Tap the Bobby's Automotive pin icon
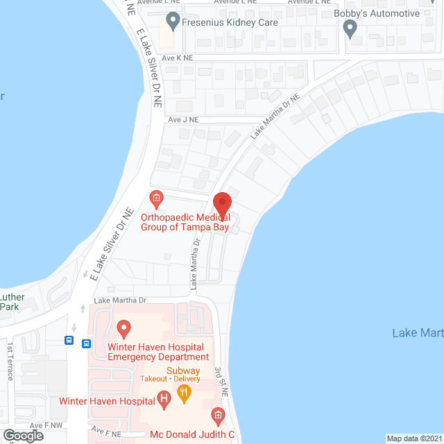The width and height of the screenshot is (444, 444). (350, 28)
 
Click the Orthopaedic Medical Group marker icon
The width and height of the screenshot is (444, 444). (157, 200)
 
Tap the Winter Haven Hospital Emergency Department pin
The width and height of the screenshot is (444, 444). (124, 326)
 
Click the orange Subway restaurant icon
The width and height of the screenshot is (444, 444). (184, 393)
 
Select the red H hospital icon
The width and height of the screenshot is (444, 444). (164, 399)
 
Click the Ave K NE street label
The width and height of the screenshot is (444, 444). (177, 58)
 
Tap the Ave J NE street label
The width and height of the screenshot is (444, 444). (183, 119)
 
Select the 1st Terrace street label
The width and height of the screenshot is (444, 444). (10, 361)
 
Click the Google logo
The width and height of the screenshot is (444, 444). (23, 435)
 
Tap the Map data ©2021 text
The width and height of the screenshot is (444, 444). (414, 438)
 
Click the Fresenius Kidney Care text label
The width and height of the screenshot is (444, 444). (230, 22)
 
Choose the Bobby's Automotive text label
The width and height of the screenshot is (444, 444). (386, 13)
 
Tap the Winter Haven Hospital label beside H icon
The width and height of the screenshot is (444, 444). (107, 401)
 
